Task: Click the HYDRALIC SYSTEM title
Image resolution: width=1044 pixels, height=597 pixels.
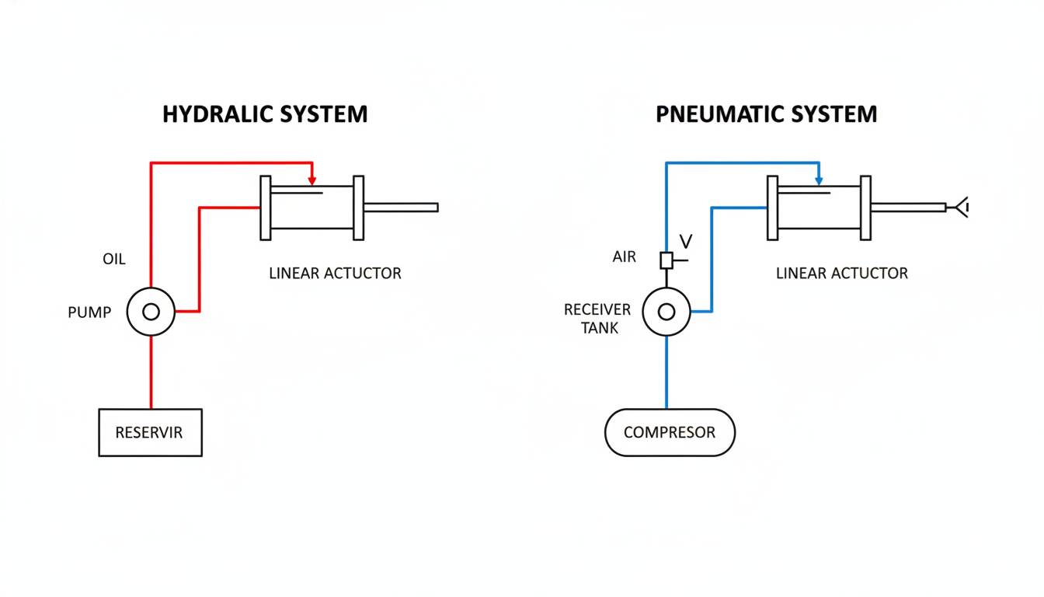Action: tap(265, 114)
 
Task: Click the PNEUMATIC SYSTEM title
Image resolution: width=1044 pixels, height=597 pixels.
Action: tap(766, 114)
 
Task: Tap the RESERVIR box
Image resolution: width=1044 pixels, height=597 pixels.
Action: tap(150, 432)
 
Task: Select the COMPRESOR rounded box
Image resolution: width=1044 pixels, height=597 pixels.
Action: tap(670, 432)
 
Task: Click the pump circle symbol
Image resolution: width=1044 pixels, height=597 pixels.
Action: tap(151, 312)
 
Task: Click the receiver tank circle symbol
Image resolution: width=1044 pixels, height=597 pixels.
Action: tap(666, 312)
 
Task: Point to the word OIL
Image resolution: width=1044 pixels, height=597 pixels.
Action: tap(113, 259)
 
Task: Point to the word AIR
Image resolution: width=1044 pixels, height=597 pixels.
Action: tap(624, 257)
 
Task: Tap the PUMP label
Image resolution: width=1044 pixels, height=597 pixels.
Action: tap(89, 312)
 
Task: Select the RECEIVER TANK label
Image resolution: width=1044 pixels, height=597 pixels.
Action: tap(597, 319)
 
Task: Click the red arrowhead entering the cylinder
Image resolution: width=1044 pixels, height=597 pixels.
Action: tap(312, 180)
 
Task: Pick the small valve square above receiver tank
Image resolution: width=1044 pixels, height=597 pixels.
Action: tap(666, 260)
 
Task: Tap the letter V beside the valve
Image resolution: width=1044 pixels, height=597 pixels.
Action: tap(685, 241)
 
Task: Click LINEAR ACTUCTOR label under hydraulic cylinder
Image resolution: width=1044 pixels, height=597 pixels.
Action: tap(335, 274)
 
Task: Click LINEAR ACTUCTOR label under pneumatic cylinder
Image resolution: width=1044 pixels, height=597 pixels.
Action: tap(841, 274)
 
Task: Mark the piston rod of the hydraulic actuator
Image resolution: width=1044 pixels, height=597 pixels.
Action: tap(401, 208)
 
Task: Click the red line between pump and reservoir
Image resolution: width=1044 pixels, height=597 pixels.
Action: tap(151, 372)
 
